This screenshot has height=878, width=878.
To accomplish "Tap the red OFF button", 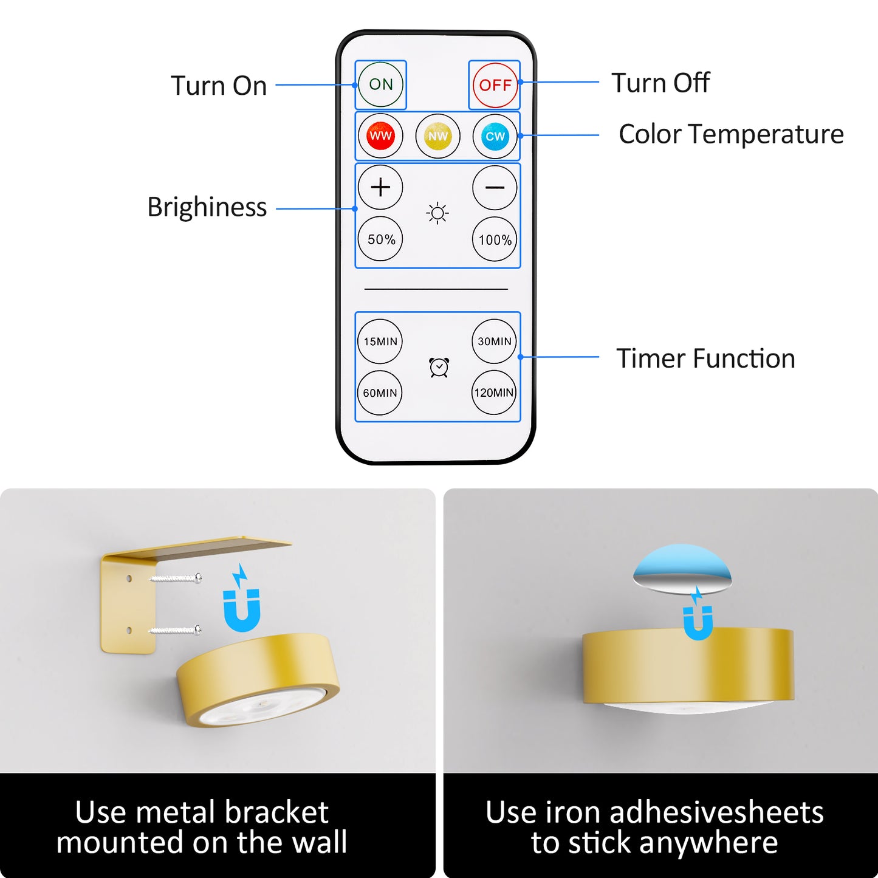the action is pos(495,85).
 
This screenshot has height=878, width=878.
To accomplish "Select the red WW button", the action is pos(380,135).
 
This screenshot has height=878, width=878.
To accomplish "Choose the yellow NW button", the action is pos(437,135).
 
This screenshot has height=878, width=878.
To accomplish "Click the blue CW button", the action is pos(495,135).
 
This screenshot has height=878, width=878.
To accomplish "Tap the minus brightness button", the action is pos(495,187).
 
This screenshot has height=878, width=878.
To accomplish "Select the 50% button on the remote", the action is pos(380,239).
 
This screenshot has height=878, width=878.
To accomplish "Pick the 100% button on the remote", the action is pos(495,239).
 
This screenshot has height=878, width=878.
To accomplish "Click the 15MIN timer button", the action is pos(380,341).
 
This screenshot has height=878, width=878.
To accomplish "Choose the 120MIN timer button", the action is pos(494,393).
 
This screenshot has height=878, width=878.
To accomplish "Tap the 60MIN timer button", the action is pos(380,393).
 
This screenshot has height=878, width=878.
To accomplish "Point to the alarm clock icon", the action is pos(439,367).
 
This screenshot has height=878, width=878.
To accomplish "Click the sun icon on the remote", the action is pos(437,213).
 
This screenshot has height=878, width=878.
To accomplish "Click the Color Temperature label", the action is pos(731,135).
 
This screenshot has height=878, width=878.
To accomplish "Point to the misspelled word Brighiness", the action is pos(207,208).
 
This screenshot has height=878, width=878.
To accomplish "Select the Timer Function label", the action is pos(706,358).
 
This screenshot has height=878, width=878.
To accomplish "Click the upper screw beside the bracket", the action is pos(176,578).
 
